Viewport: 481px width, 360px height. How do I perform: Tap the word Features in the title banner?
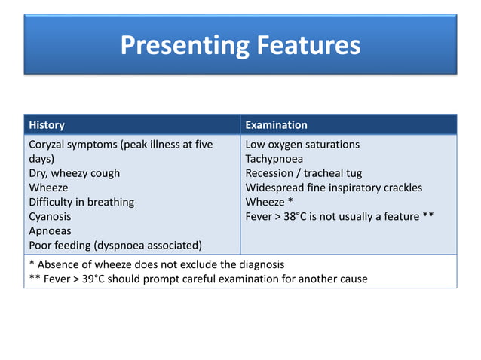pos(306,46)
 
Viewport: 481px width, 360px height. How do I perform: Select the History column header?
pos(47,125)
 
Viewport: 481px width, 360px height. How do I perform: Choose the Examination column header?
pos(276,125)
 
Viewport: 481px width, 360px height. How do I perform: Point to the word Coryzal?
pos(49,145)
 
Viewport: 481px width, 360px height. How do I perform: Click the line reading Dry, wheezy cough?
pos(74,173)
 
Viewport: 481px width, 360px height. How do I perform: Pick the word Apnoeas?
pos(51,230)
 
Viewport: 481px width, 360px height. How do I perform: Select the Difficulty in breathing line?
pos(81,202)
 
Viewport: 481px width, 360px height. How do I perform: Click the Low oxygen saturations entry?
pos(302,145)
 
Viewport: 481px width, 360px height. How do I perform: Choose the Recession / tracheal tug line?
pos(304,173)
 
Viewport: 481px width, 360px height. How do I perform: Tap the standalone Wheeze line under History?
pos(48,188)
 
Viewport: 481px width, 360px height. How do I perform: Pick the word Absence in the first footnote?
pos(60,264)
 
